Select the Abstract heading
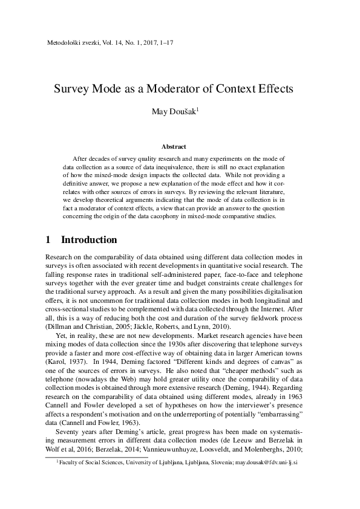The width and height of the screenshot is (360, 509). (174, 146)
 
